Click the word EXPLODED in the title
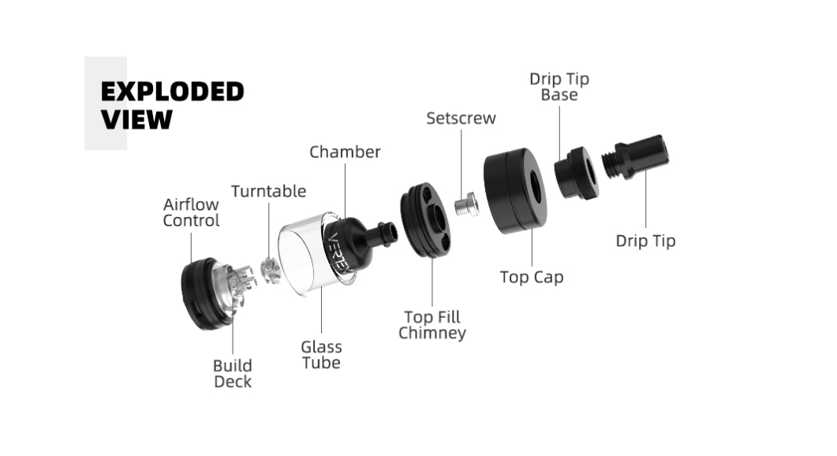tap(172, 92)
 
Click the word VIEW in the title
tap(136, 119)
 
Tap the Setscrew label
tap(461, 118)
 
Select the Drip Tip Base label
tap(559, 87)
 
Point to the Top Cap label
tap(532, 277)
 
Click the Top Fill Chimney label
tap(432, 325)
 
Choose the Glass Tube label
tap(321, 354)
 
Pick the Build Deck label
tap(232, 374)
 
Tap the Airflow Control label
tap(191, 212)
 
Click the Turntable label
tap(268, 191)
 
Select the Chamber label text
tap(345, 151)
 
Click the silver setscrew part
tap(466, 204)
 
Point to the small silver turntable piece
tap(271, 270)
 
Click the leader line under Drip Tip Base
tap(559, 133)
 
